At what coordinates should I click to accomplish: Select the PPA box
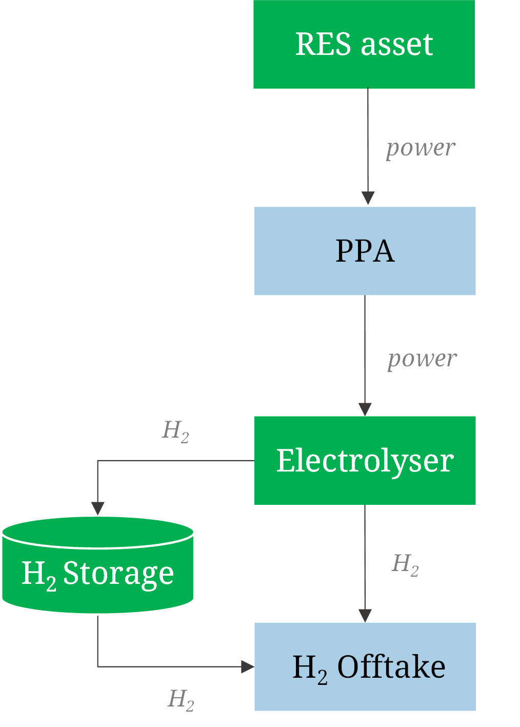[365, 251]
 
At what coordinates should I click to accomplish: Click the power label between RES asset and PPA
[421, 148]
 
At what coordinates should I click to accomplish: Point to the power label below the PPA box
[422, 359]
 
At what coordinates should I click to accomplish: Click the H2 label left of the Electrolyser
[176, 431]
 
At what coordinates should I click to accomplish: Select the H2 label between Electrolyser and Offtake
[406, 564]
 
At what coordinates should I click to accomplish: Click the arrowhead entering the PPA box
[368, 199]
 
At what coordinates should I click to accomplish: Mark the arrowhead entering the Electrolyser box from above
[365, 409]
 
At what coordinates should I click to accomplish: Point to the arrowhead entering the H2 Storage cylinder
[97, 508]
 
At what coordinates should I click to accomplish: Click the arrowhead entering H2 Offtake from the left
[248, 666]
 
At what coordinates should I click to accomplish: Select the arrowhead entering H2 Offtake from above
[365, 616]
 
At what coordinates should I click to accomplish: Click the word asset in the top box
[397, 44]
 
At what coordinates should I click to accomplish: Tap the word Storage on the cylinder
[118, 573]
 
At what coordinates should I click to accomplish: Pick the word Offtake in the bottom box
[391, 667]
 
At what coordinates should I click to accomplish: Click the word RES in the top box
[324, 44]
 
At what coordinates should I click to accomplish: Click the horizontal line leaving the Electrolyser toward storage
[174, 461]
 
